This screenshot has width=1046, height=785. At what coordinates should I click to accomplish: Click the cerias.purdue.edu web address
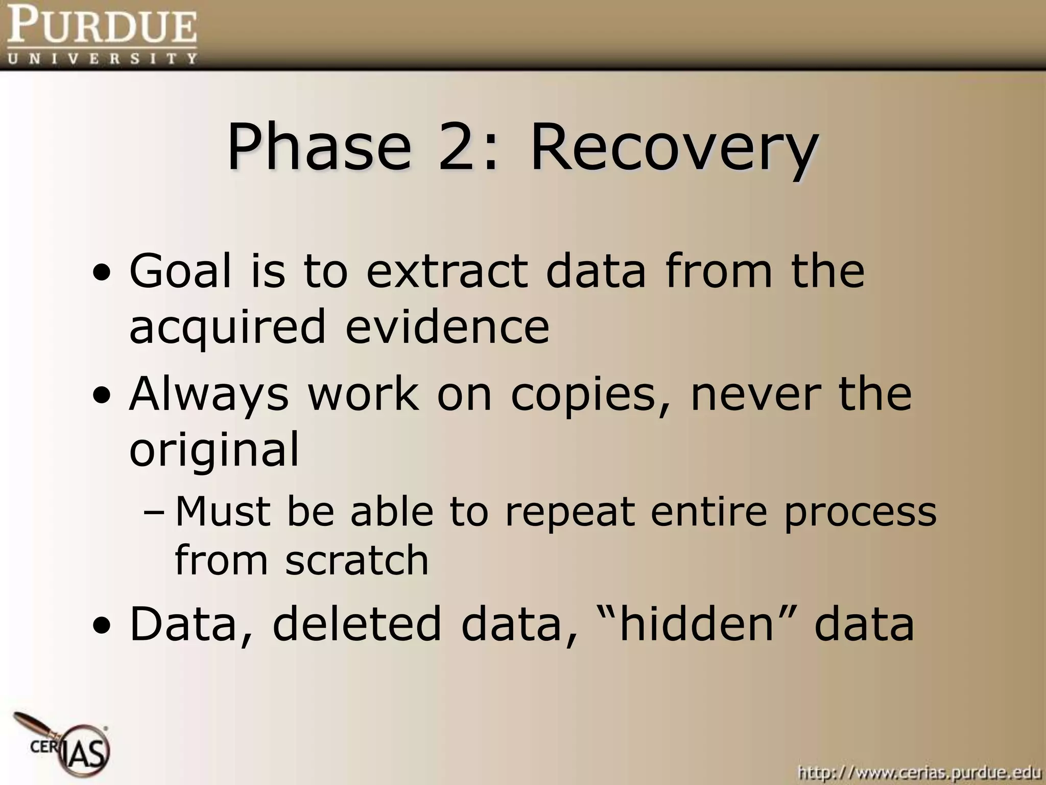(919, 772)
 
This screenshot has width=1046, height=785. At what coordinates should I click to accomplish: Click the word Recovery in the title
(674, 147)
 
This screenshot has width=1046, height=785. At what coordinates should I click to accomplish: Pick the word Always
(208, 396)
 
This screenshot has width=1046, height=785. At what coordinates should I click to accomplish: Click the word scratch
(356, 561)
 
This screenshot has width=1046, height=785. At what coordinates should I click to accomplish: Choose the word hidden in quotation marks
(697, 624)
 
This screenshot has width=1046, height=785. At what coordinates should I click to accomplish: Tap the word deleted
(356, 624)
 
